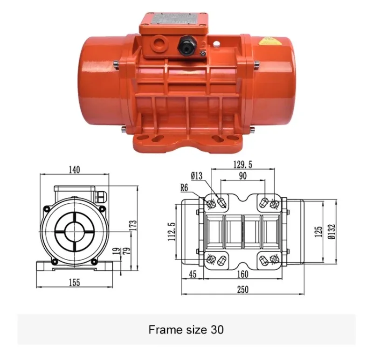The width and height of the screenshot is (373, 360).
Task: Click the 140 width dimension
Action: [74, 169]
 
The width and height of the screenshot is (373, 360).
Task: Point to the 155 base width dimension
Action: [74, 282]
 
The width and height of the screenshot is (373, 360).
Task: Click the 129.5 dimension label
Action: [245, 165]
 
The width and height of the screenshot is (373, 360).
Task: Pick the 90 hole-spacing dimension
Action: [243, 176]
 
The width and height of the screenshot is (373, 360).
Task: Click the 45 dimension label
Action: [193, 274]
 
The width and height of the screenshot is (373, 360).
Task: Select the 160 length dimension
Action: [242, 274]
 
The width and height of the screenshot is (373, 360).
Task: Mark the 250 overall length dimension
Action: [242, 289]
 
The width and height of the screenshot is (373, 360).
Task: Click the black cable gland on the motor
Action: [184, 45]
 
